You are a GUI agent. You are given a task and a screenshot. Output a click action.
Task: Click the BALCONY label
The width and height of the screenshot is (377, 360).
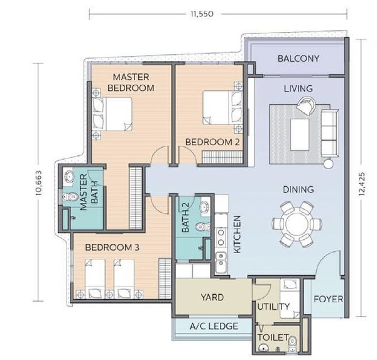point(298,58)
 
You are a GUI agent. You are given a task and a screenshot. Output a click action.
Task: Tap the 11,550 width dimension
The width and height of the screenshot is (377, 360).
point(202,14)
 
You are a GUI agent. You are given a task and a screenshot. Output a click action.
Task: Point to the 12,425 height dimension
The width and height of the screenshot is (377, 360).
point(362,183)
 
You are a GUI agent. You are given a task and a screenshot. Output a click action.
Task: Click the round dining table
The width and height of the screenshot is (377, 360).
point(297,224)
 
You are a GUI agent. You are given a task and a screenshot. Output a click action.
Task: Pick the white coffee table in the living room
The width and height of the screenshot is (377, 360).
point(300,134)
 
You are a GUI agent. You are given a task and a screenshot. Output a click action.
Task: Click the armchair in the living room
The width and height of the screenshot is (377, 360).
point(306,106)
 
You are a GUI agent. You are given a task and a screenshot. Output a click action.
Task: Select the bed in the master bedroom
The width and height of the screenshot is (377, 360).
point(112,114)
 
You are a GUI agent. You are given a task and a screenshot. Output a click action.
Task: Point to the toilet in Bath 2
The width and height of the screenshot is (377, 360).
point(203,227)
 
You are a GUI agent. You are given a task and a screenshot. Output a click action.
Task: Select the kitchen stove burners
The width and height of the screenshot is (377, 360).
point(221,237)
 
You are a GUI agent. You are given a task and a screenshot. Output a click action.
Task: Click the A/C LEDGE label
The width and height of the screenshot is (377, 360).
point(214,326)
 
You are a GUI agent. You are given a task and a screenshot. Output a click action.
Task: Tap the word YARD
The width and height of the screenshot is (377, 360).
point(212,297)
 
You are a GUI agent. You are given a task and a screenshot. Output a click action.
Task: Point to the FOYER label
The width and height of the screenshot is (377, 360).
point(328,299)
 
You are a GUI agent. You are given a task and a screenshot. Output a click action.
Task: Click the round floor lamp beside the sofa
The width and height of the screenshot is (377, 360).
point(328,164)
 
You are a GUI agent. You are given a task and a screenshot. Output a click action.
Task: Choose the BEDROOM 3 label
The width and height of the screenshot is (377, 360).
point(112,247)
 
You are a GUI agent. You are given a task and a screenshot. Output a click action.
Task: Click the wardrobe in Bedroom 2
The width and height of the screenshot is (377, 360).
point(222,157)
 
